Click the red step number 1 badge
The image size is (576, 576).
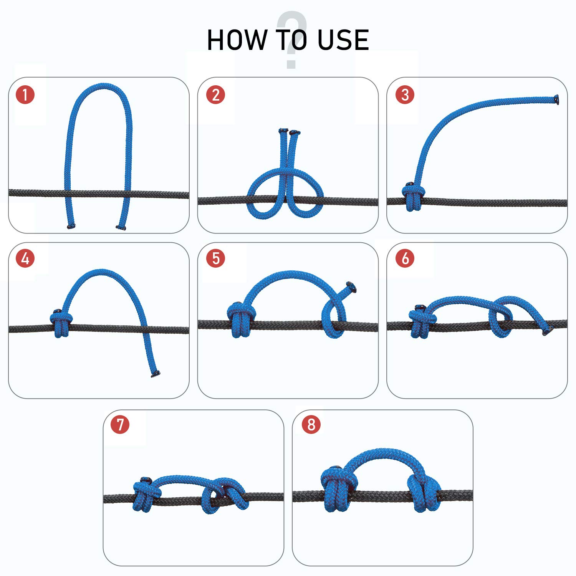[25, 95]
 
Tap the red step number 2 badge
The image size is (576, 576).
[215, 95]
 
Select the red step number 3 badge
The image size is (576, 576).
[405, 95]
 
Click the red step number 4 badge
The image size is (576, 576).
[25, 258]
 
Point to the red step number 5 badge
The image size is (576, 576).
[215, 258]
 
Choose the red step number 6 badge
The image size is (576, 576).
[405, 258]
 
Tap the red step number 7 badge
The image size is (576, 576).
[120, 425]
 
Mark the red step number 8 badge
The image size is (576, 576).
[311, 425]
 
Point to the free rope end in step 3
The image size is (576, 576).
[556, 99]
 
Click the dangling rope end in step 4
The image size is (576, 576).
[156, 374]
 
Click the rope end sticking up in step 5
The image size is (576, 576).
[351, 287]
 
